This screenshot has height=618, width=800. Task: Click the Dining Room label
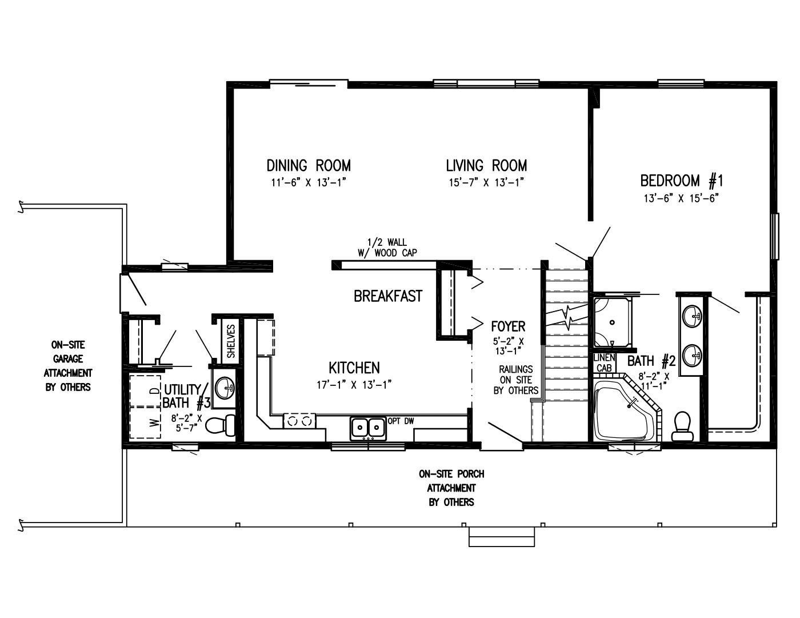coord(309,165)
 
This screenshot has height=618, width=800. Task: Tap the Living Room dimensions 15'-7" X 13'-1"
coord(486,183)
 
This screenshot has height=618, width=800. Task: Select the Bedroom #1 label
coord(682,181)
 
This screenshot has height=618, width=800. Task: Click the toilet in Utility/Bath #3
coord(220,425)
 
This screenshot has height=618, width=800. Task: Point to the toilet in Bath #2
coord(682,426)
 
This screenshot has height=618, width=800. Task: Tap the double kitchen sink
coord(368,428)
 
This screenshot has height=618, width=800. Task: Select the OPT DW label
coord(401,421)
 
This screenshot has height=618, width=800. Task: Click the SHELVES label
coord(231,341)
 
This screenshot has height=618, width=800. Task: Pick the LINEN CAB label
coord(604,363)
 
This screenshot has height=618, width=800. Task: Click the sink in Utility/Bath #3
coord(224,388)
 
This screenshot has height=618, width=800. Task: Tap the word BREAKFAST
coord(388,296)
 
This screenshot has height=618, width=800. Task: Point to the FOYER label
coord(508,326)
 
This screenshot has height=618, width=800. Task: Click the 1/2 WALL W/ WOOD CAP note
coord(387,248)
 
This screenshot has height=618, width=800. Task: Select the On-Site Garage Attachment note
coord(68,366)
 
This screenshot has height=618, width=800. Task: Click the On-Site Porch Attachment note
coord(451,488)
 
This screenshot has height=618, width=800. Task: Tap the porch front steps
coord(501,537)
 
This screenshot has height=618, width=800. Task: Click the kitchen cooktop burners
coord(299,421)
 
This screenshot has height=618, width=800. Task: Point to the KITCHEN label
coord(354,368)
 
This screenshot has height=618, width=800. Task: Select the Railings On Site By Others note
coord(516,380)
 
